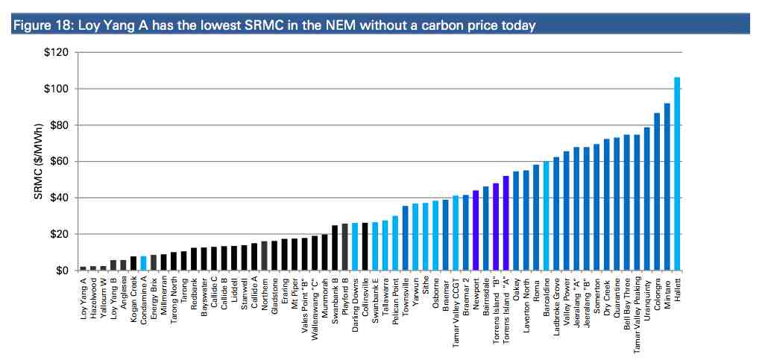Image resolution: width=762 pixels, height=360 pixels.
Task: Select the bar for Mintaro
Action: pos(667,186)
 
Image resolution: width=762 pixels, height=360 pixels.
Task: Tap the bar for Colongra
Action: pos(657,192)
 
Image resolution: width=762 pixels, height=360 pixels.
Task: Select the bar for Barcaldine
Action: pos(546,215)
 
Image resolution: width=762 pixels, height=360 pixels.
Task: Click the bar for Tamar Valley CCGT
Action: pos(456,233)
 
